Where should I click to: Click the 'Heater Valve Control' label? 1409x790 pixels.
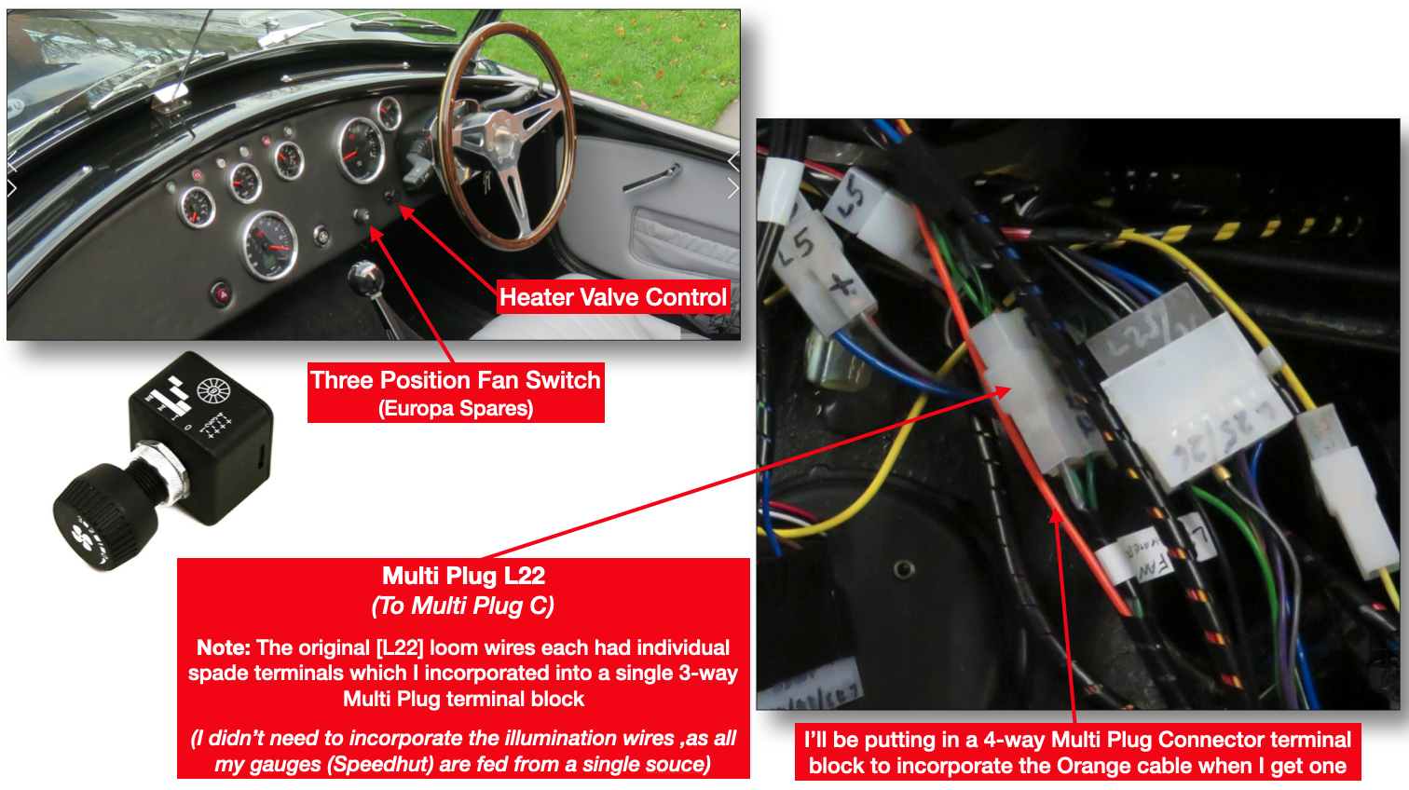pyautogui.click(x=612, y=297)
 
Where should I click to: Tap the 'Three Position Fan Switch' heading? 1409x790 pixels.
pyautogui.click(x=456, y=380)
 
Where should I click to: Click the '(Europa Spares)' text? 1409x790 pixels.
pyautogui.click(x=456, y=408)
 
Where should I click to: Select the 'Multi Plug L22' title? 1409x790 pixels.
pyautogui.click(x=463, y=576)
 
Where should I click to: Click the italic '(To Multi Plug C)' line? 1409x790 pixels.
pyautogui.click(x=463, y=606)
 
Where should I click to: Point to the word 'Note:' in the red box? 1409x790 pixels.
pyautogui.click(x=224, y=647)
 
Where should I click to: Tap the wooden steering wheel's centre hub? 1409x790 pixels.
pyautogui.click(x=504, y=135)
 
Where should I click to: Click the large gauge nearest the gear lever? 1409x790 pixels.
pyautogui.click(x=269, y=244)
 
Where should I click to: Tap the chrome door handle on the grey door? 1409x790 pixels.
pyautogui.click(x=655, y=178)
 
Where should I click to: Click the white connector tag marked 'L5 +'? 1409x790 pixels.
pyautogui.click(x=820, y=270)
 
